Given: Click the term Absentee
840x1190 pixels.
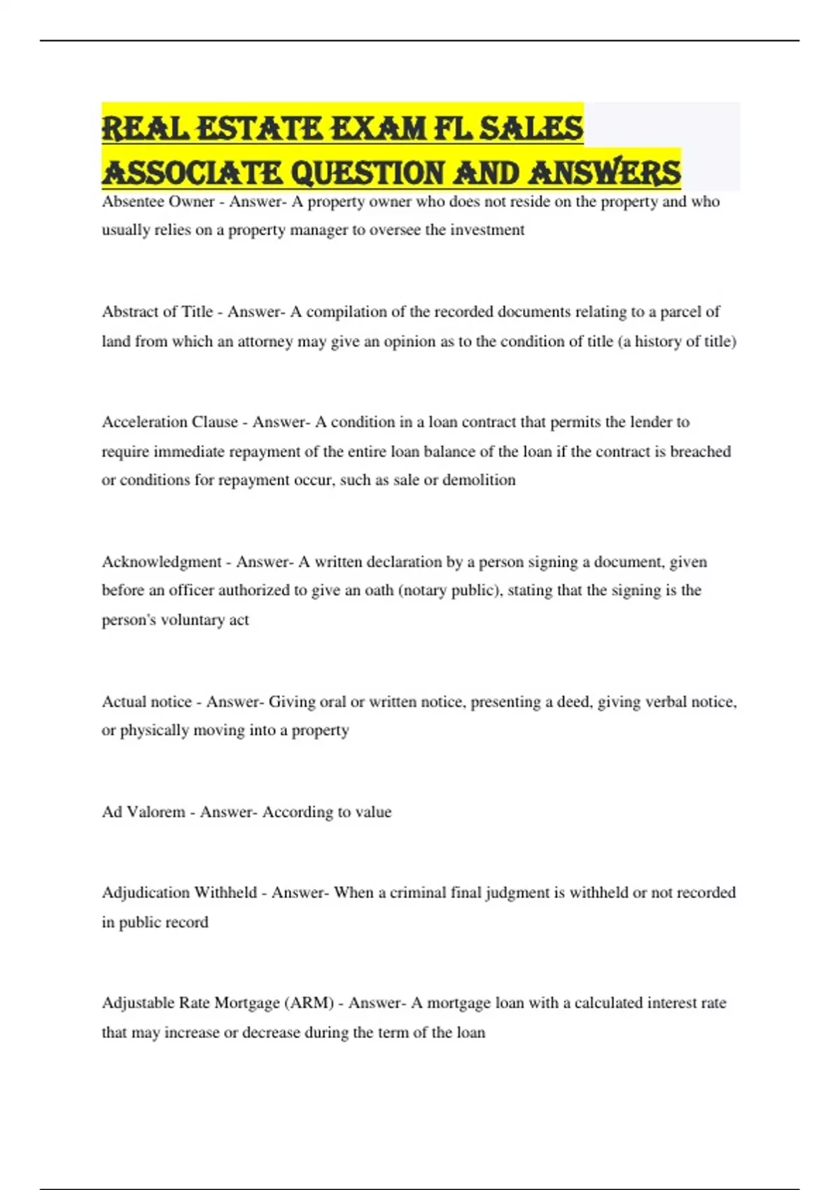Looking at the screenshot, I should (x=130, y=202).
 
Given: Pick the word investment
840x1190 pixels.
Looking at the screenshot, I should (x=487, y=230).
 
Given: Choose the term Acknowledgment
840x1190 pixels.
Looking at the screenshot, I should (x=162, y=562).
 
